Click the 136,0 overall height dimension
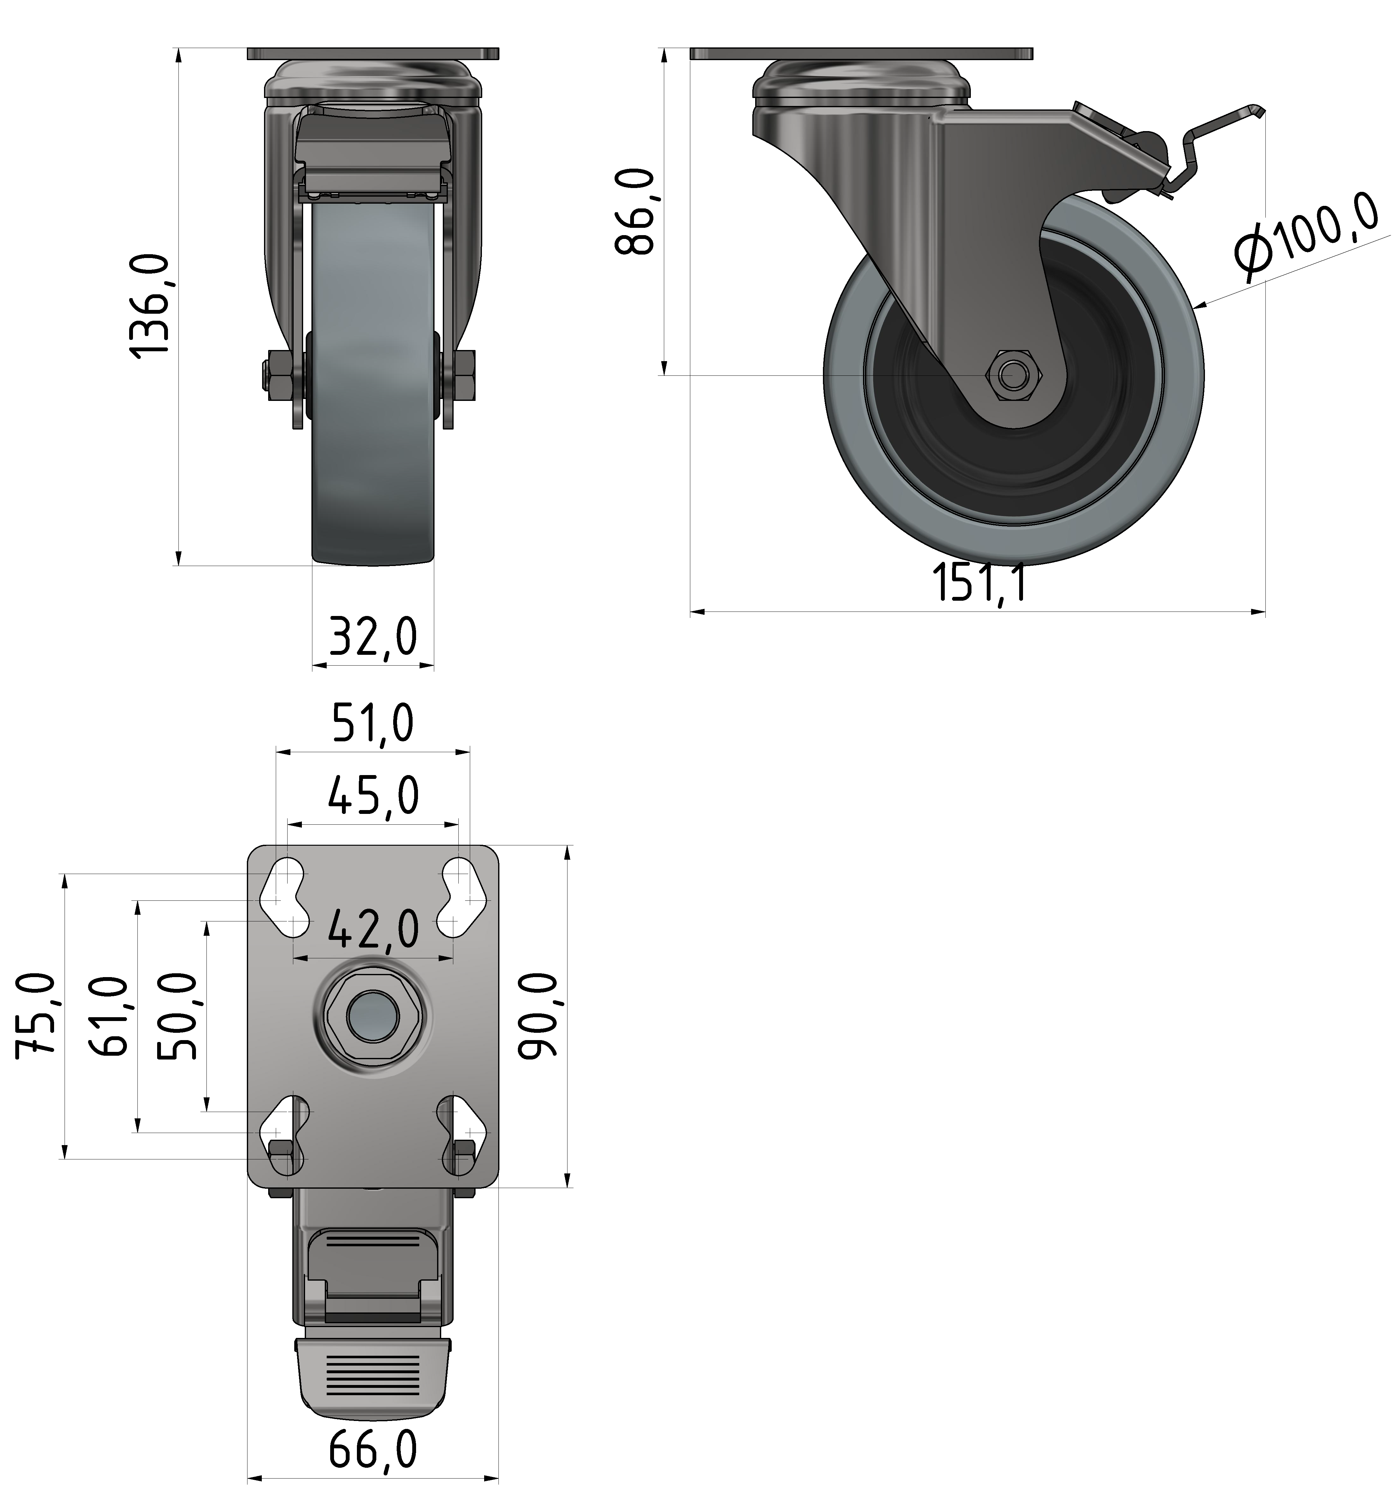pos(150,305)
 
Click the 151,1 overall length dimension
pos(979,582)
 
